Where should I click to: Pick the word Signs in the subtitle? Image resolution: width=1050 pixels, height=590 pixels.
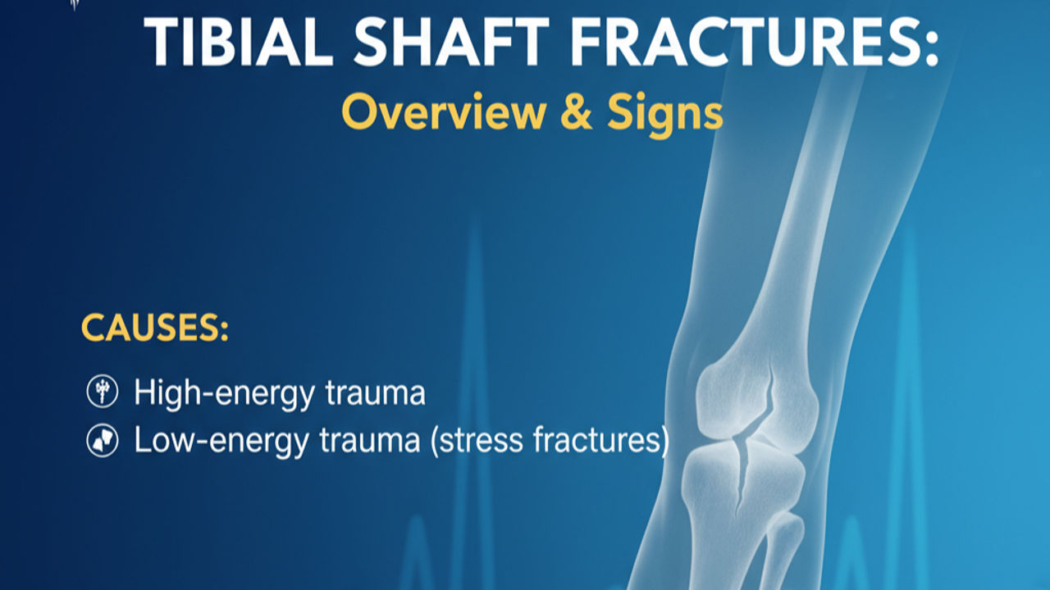(665, 115)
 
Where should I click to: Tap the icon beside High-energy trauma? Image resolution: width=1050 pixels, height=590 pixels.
(103, 393)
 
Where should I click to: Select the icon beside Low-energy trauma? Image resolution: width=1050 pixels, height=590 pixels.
(103, 442)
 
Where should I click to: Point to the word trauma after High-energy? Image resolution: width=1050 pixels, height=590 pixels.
(375, 393)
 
